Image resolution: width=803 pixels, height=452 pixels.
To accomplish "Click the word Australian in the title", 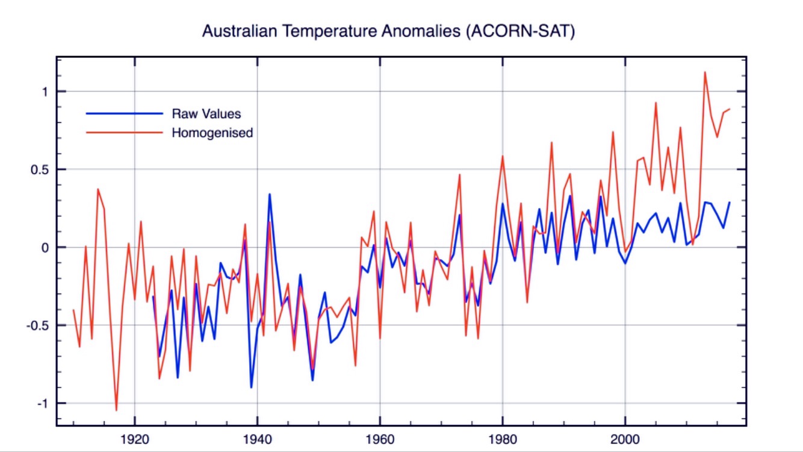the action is coord(240,31).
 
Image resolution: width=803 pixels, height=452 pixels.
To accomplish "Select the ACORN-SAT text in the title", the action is coord(521,31).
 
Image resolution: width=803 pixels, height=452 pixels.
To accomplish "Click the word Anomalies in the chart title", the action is coord(421,31).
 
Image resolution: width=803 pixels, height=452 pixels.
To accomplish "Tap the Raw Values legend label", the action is coord(206,114).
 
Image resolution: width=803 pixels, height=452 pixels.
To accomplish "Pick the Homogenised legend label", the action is coord(212,133).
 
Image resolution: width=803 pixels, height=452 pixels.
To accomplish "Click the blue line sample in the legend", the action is coord(125,113).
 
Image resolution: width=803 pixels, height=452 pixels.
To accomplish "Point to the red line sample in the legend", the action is coord(125,133).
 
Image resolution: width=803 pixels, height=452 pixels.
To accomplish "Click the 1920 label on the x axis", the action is coord(135,439).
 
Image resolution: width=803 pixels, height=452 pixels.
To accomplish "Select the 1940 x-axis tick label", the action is coord(258,439).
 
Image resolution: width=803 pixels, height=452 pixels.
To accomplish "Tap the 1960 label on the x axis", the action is coord(380,439).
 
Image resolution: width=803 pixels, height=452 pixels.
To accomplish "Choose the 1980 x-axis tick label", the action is coord(503,439).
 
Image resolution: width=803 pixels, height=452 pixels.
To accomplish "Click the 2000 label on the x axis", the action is coord(625,439).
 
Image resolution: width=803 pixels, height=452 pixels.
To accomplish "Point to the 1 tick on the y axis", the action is coord(45,92).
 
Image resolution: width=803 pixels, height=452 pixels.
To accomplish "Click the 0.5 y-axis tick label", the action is coord(40,170).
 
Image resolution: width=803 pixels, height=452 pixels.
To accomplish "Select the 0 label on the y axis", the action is coord(45,248).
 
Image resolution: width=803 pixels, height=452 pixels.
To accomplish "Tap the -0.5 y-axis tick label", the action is coord(38,326).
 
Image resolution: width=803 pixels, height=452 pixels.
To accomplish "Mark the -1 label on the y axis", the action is coord(43,404).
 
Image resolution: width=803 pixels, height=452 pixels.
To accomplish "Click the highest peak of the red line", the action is coord(705,72).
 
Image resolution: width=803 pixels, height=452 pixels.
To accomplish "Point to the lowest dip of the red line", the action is coord(117,410).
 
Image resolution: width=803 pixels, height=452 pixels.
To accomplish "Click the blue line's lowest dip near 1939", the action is coord(251,388).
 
